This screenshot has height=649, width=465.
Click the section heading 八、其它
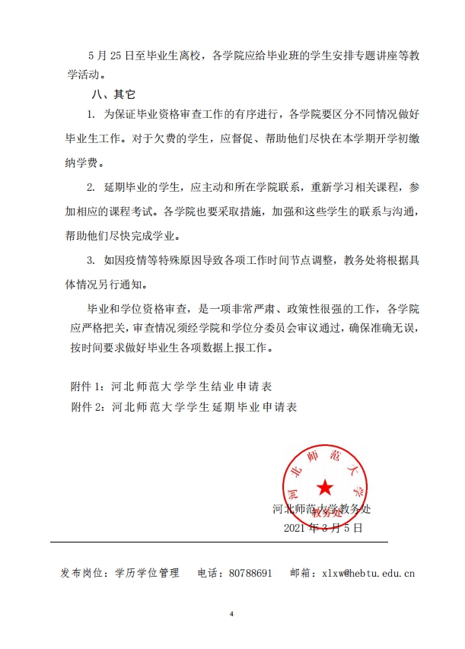[112, 96]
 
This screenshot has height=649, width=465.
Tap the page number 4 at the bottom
[231, 612]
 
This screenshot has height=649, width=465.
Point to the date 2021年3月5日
[323, 527]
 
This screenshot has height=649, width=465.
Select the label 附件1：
[88, 387]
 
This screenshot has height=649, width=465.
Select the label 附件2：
[88, 407]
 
